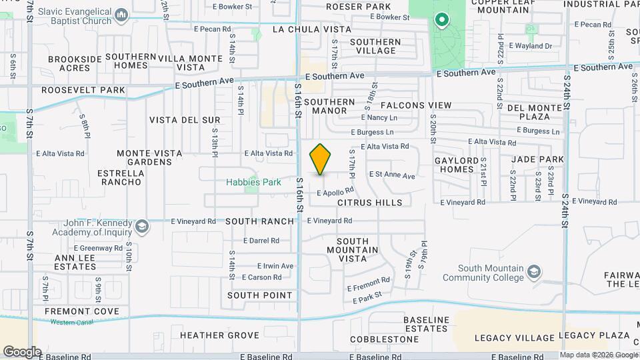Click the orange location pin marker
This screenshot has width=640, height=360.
pos(321,159)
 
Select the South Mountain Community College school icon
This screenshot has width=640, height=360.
pos(533,272)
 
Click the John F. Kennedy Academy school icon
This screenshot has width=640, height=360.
pos(141,227)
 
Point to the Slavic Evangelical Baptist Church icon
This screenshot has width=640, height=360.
pos(121,14)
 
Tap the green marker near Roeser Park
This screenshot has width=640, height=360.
pos(441,20)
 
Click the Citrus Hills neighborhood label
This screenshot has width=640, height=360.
pos(369,202)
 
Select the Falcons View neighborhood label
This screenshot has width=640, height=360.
pos(416,105)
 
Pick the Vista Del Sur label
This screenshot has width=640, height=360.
pos(185,120)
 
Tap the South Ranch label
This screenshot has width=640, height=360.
pos(259,221)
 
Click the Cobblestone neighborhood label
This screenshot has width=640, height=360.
pos(383,339)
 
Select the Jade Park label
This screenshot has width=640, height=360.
pos(537,159)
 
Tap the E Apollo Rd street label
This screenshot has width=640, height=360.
pos(335,191)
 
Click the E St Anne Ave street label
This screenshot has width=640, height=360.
pos(392,175)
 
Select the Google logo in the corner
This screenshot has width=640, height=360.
pos(22,351)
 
